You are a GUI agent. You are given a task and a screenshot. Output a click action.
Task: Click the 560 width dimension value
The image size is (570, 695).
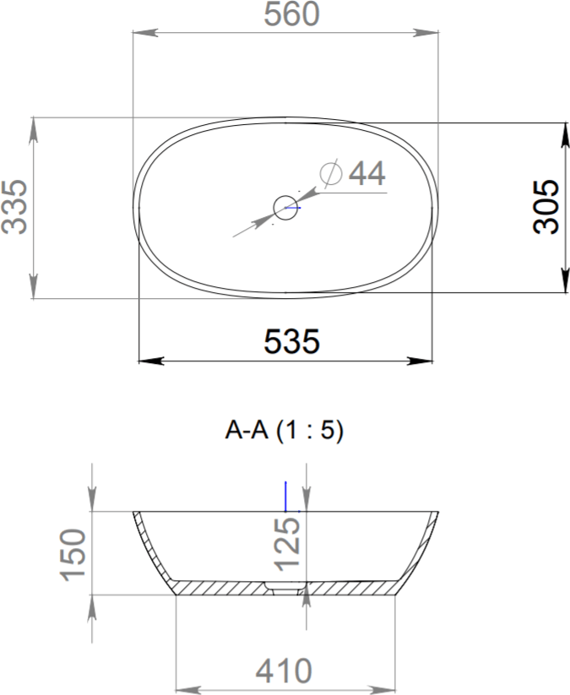click(291, 14)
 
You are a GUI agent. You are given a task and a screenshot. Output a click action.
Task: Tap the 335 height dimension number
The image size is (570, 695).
click(14, 207)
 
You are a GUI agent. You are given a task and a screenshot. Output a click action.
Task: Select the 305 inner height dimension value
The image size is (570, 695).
click(546, 206)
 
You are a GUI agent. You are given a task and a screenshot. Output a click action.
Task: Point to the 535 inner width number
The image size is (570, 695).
click(291, 341)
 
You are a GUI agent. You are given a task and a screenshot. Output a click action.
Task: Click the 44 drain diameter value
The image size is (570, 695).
click(367, 173)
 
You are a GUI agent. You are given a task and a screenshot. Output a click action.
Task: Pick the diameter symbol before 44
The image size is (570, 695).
click(331, 173)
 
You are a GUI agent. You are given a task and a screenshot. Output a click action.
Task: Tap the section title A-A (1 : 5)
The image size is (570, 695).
click(284, 430)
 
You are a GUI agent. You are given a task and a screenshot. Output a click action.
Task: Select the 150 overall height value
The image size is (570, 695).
click(73, 555)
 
